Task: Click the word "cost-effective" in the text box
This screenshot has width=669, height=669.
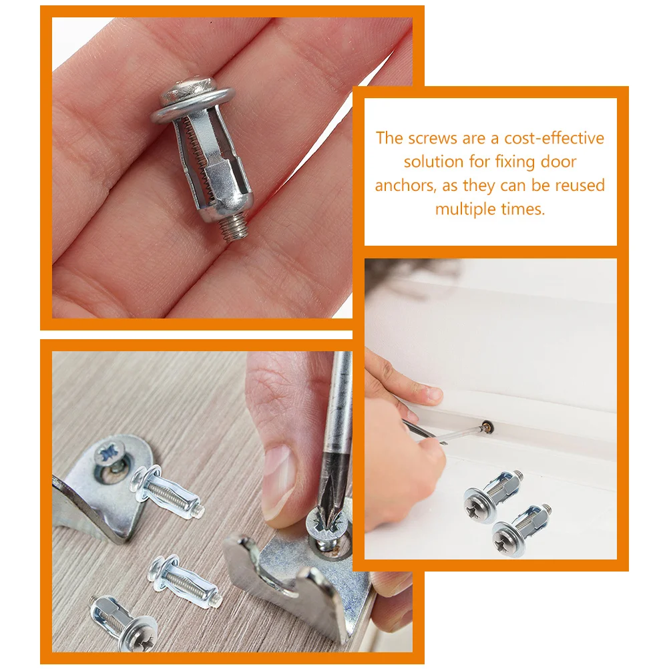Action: [x=554, y=138]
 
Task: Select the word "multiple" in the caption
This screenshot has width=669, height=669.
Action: [x=466, y=210]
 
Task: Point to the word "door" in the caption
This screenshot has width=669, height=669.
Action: [x=558, y=162]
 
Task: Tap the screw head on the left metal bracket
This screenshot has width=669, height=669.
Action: [x=111, y=453]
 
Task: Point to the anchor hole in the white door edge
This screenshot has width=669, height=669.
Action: [x=486, y=426]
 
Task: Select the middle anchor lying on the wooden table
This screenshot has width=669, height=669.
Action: [x=184, y=581]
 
